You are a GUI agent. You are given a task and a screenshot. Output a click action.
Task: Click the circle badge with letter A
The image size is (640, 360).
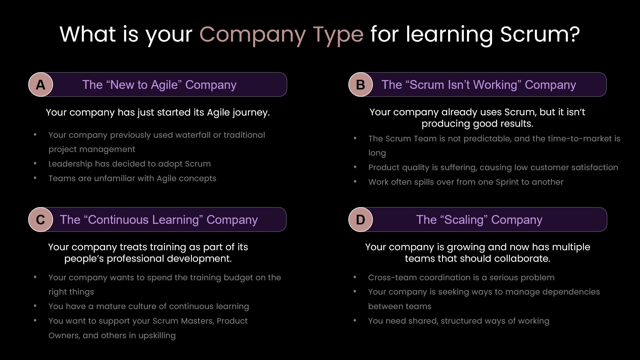point(41,85)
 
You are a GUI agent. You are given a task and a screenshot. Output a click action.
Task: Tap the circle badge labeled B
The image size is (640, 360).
point(360,85)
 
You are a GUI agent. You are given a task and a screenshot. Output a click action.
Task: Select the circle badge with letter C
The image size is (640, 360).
point(41,220)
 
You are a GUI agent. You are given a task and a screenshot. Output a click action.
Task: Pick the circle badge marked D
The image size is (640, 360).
point(360,220)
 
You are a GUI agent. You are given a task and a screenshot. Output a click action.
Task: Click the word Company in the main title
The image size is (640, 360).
point(252,35)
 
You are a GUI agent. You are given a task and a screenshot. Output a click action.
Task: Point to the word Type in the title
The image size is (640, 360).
point(338,35)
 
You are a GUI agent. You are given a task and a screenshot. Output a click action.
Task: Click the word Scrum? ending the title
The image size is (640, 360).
point(540,34)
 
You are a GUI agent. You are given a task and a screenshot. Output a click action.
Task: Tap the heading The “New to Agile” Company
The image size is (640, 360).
point(159,85)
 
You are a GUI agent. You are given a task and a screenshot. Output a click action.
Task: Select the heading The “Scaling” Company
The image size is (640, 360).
point(479,220)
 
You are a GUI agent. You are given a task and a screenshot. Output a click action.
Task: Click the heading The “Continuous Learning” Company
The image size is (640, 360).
point(159,220)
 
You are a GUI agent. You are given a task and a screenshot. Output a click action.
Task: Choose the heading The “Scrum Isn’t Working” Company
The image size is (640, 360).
point(478,85)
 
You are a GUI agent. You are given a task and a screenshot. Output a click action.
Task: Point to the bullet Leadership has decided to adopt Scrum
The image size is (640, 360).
point(129,164)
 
